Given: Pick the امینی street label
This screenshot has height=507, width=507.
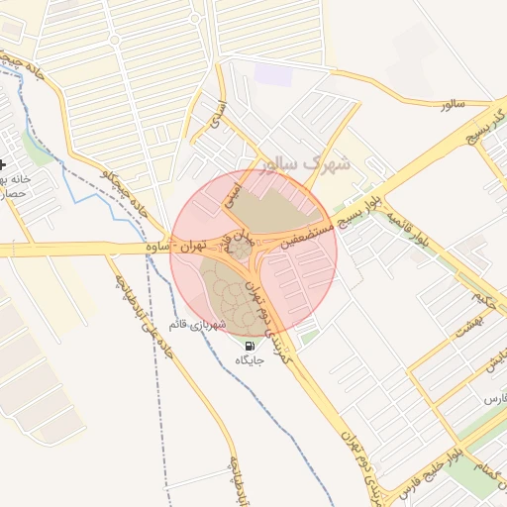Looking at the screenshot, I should coord(233,187).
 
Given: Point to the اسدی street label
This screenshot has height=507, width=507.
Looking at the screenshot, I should coord(216,117).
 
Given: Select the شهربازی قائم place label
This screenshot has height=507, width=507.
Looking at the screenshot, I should coord(198,325).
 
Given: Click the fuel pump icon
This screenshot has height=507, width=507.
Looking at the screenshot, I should coord(249,346).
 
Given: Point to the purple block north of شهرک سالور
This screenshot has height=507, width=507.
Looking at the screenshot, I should coord(267,73).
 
